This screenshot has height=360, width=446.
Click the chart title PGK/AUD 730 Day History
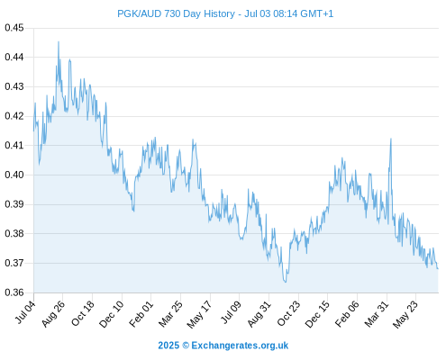[176, 13]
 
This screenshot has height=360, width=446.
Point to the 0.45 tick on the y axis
[14, 28]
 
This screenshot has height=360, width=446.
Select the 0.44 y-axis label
[14, 57]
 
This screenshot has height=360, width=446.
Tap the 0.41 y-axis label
[14, 146]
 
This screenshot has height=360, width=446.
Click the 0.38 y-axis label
[14, 233]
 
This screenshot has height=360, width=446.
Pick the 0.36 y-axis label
[14, 292]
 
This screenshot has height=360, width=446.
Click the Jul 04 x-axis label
[25, 312]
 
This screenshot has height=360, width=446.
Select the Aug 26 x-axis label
[53, 313]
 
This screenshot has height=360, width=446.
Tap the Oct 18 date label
[83, 313]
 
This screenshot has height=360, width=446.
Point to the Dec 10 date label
[111, 314]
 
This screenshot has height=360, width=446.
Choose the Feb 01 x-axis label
[141, 314]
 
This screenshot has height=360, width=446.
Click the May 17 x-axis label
[199, 314]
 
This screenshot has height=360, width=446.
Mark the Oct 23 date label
[288, 313]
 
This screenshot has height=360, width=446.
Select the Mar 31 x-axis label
[377, 314]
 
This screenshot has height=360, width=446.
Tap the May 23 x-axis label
[405, 314]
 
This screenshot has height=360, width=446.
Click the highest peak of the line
[59, 41]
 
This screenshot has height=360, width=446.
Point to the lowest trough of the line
[286, 283]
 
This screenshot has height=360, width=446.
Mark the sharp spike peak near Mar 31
[391, 139]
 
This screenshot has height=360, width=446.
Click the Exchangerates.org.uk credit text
[240, 346]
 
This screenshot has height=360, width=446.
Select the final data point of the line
[438, 269]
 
